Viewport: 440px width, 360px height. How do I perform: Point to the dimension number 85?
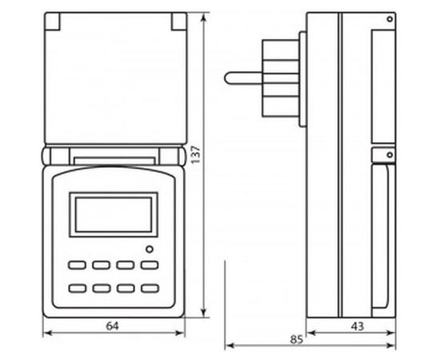point(296,339)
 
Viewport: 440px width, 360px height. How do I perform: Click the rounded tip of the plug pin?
point(229,78)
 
